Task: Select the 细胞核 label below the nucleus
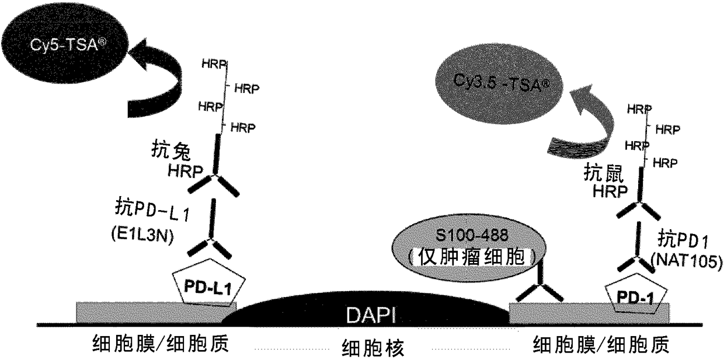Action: pos(373,348)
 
